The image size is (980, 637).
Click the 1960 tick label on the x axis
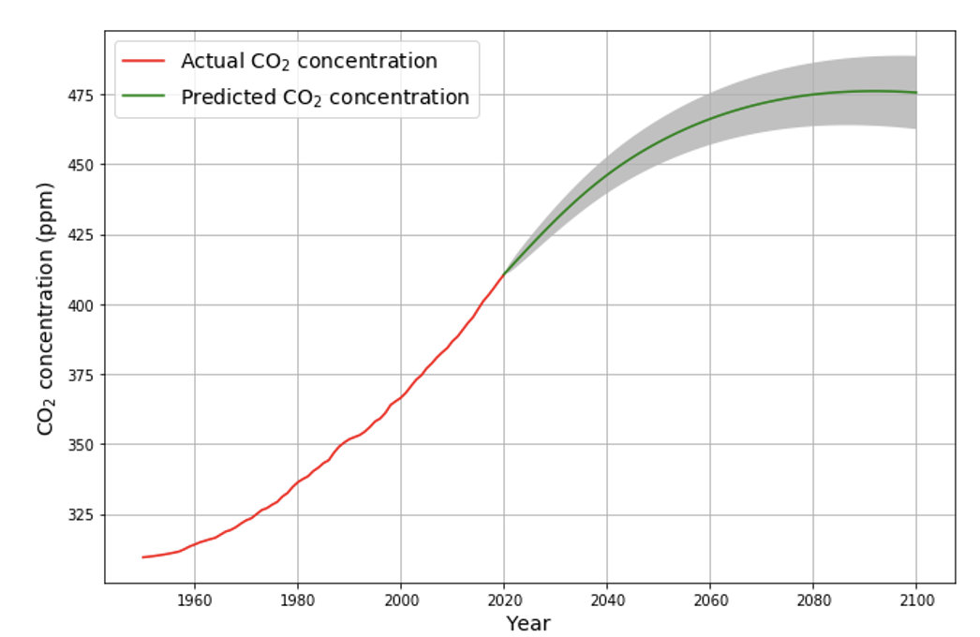pyautogui.click(x=194, y=599)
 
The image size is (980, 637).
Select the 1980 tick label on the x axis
pyautogui.click(x=297, y=599)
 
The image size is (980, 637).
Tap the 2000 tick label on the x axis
pyautogui.click(x=400, y=599)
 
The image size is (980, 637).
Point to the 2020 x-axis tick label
pyautogui.click(x=504, y=599)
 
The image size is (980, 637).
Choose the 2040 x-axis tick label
pyautogui.click(x=607, y=599)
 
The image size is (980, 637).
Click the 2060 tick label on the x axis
pyautogui.click(x=710, y=599)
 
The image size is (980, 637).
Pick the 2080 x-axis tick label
pyautogui.click(x=813, y=599)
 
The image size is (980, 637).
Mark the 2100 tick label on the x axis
pyautogui.click(x=916, y=599)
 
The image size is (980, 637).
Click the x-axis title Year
pyautogui.click(x=528, y=623)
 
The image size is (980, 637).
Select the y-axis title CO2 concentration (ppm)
pyautogui.click(x=46, y=308)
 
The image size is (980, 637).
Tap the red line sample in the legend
pyautogui.click(x=144, y=62)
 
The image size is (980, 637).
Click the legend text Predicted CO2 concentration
pyautogui.click(x=324, y=97)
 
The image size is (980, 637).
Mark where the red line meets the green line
pyautogui.click(x=504, y=274)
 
